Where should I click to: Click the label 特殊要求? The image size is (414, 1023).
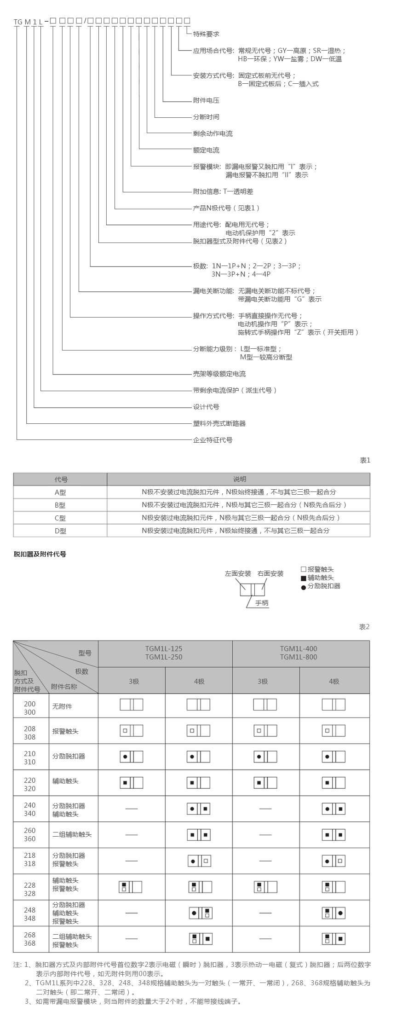click(206, 34)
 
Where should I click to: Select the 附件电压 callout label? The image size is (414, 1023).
click(206, 100)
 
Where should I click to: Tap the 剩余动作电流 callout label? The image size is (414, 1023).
click(213, 133)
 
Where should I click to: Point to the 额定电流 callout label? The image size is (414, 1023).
click(206, 150)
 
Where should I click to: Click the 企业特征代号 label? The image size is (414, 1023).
click(213, 440)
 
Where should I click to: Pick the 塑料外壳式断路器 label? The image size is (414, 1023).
click(219, 423)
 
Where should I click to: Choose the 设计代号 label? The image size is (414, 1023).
click(206, 407)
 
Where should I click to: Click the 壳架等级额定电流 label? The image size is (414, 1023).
click(219, 374)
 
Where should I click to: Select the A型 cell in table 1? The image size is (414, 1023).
click(60, 492)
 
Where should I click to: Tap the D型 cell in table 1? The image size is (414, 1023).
click(60, 531)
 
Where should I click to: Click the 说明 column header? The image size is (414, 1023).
click(239, 479)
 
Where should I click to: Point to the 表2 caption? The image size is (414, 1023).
click(364, 627)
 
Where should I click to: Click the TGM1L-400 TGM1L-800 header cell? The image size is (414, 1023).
click(299, 653)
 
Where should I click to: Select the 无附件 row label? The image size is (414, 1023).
click(62, 706)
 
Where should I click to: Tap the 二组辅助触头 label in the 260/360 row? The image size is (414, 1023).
click(72, 834)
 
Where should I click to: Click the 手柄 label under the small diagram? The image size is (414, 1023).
click(262, 603)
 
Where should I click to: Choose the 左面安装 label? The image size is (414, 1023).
click(238, 573)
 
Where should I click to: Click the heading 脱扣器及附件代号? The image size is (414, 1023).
click(40, 554)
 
